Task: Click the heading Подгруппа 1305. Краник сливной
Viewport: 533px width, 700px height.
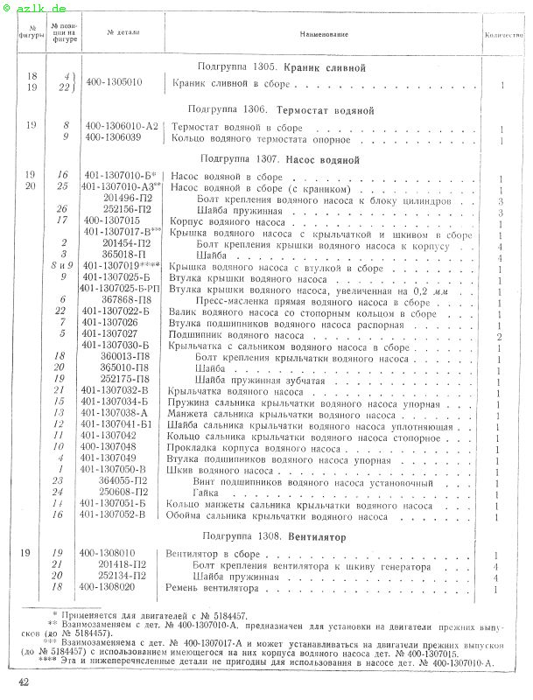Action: pyautogui.click(x=281, y=67)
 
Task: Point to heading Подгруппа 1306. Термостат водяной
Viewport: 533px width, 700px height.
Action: pyautogui.click(x=281, y=110)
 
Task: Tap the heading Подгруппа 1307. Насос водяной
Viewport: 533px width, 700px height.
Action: pyautogui.click(x=280, y=160)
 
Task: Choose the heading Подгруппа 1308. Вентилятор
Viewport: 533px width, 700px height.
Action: pyautogui.click(x=273, y=535)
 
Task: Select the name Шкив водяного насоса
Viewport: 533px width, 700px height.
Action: pyautogui.click(x=208, y=470)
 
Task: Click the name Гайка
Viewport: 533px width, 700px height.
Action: pyautogui.click(x=207, y=493)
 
